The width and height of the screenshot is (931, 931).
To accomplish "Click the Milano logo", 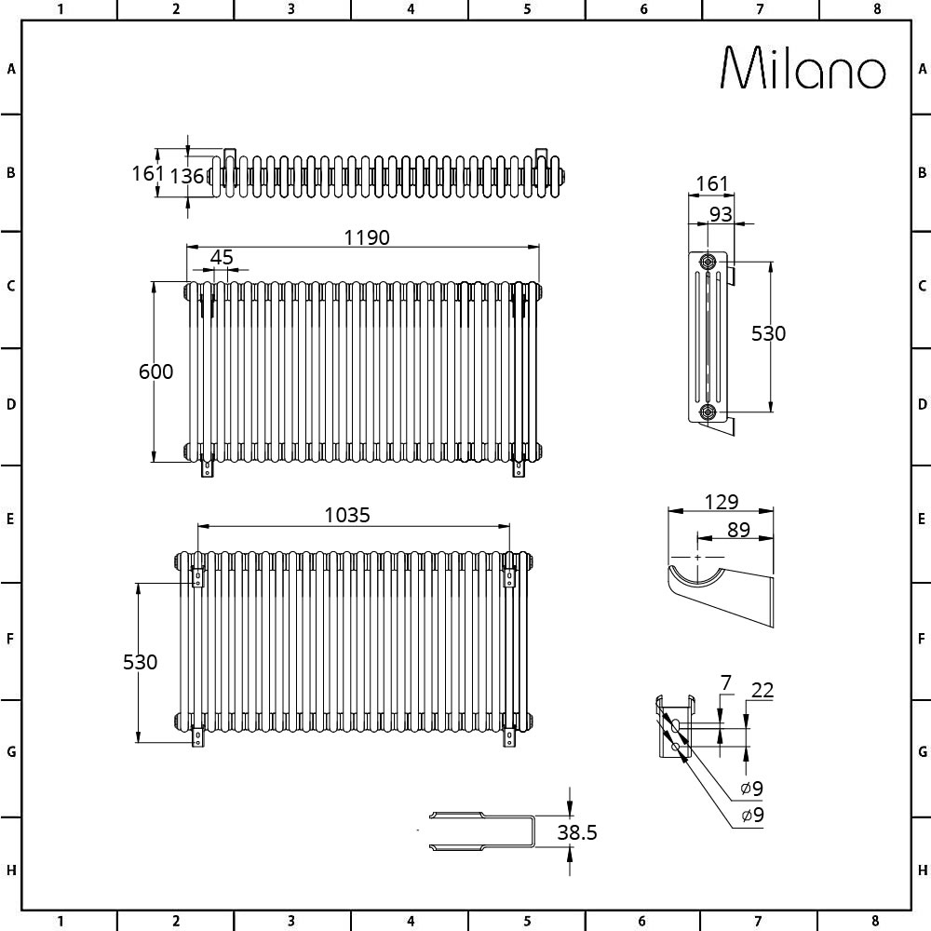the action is pyautogui.click(x=803, y=68).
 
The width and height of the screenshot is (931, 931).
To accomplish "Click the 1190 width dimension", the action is pyautogui.click(x=367, y=237).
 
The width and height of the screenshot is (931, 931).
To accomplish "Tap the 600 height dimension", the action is pyautogui.click(x=155, y=371).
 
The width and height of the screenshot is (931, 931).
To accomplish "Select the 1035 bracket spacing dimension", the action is pyautogui.click(x=347, y=515).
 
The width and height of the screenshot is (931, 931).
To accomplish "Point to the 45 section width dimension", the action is pyautogui.click(x=222, y=257).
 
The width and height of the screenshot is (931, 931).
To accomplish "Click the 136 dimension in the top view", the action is pyautogui.click(x=187, y=176).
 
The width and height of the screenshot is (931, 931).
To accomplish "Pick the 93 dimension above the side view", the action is pyautogui.click(x=721, y=214).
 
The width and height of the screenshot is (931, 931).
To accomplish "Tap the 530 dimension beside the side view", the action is pyautogui.click(x=768, y=333).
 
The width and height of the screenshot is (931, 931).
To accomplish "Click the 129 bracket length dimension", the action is pyautogui.click(x=722, y=502).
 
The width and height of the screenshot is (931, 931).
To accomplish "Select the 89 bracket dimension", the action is pyautogui.click(x=738, y=529).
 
